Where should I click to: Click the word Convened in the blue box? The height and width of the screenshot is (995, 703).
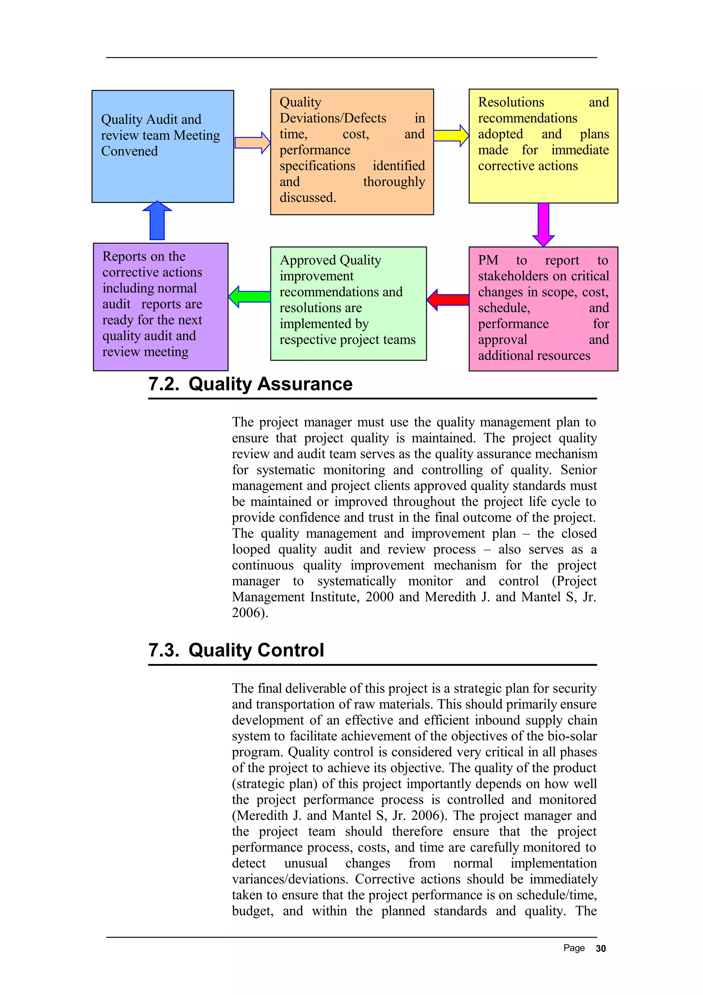click(x=129, y=151)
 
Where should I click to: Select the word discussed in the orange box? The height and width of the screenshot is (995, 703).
click(x=307, y=198)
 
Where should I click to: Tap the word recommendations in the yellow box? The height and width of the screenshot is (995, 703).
click(x=527, y=118)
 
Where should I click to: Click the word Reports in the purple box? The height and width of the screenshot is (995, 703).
click(x=119, y=256)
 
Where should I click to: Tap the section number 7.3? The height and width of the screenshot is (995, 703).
click(x=163, y=650)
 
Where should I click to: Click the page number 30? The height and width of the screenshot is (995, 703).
click(x=600, y=949)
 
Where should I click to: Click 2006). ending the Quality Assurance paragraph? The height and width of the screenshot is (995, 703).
click(x=250, y=613)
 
